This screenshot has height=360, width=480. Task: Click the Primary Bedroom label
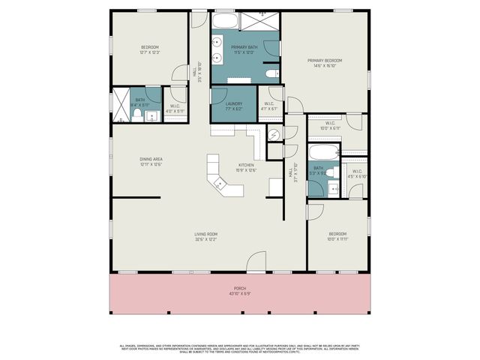pos(324,60)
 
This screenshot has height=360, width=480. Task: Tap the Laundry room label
pos(224,105)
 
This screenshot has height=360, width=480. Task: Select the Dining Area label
pos(151,159)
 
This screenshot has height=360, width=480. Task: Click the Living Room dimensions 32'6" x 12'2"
pos(206,240)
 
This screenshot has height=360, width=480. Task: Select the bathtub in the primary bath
pos(224,20)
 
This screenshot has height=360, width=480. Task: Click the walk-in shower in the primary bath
pos(265,20)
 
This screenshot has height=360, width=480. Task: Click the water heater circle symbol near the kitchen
pos(274,135)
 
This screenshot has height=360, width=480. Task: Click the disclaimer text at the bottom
pos(240,349)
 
